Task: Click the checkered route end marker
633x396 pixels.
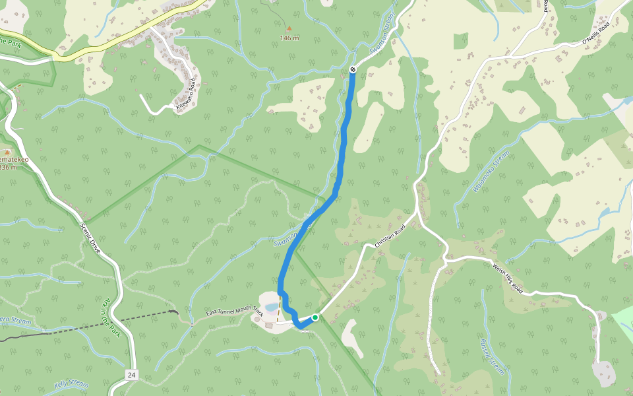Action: [x=353, y=69]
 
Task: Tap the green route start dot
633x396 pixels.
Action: [x=315, y=317]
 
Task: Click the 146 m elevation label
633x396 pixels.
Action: [x=289, y=38]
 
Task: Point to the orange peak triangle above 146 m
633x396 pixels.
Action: [x=289, y=28]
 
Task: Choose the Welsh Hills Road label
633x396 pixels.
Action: [x=508, y=279]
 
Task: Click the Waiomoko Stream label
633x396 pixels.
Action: [x=491, y=171]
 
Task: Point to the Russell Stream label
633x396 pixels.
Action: [x=491, y=357]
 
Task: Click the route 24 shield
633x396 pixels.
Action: [x=132, y=375]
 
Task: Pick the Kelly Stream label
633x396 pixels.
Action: [x=71, y=383]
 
